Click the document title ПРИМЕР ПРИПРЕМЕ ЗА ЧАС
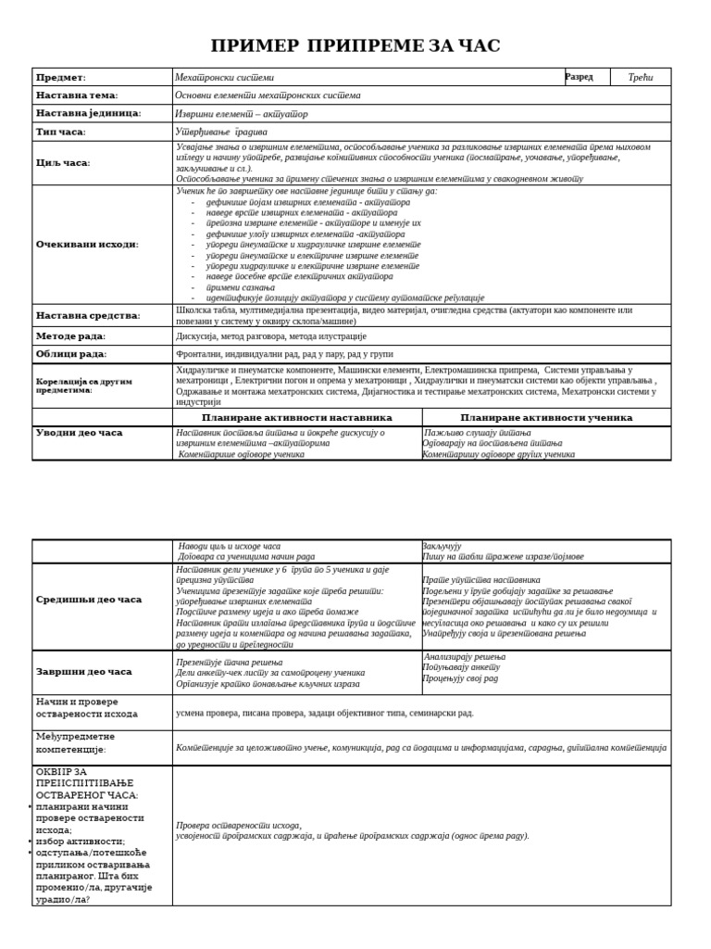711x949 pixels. pos(355,46)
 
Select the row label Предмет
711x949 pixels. pos(61,77)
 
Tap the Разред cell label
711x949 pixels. pos(580,77)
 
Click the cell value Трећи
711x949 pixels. pos(641,77)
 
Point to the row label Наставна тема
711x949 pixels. pos(77,95)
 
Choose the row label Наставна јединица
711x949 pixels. pos(89,113)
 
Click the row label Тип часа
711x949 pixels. pos(61,132)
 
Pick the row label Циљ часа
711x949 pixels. pos(63,162)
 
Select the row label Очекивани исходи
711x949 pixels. pos(87,245)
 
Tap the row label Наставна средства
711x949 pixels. pos(88,315)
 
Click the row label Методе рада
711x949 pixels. pos(71,335)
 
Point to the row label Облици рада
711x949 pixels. pos(71,354)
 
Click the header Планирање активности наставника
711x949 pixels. pos(297,418)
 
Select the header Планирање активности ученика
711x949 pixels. pos(546,418)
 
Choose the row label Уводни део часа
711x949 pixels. pos(79,433)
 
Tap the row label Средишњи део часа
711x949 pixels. pos(89,600)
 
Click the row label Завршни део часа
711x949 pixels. pos(84,672)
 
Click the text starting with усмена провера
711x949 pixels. pos(324,714)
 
